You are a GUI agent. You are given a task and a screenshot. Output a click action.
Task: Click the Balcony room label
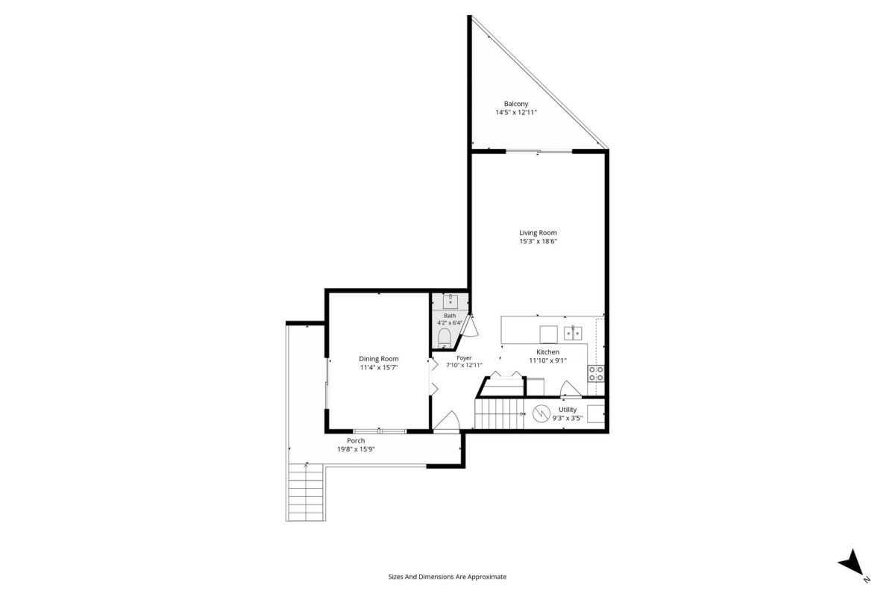(516, 104)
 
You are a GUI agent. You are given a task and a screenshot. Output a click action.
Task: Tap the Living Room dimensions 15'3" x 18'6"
(538, 241)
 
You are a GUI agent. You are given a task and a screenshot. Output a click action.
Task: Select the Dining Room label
(378, 359)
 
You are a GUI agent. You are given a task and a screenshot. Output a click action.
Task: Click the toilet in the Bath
(444, 338)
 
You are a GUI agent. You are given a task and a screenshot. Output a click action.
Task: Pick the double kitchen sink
(573, 333)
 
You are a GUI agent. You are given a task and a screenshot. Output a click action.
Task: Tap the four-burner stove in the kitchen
(596, 373)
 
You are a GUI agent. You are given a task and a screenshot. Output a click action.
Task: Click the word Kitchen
(547, 352)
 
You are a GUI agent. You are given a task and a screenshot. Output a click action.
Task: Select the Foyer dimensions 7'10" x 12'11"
(464, 365)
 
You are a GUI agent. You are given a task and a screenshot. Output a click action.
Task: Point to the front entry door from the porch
(447, 422)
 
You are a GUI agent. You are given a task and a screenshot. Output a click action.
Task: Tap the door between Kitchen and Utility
(571, 390)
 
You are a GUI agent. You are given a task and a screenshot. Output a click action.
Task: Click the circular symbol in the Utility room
(541, 414)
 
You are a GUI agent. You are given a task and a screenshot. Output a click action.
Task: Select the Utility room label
(568, 410)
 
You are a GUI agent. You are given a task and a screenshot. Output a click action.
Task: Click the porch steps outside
(305, 493)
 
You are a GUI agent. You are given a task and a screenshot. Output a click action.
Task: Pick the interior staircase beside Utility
(499, 414)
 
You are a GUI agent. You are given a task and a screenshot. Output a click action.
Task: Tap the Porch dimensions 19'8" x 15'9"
(356, 449)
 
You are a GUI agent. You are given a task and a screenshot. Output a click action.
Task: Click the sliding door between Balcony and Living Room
(539, 151)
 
